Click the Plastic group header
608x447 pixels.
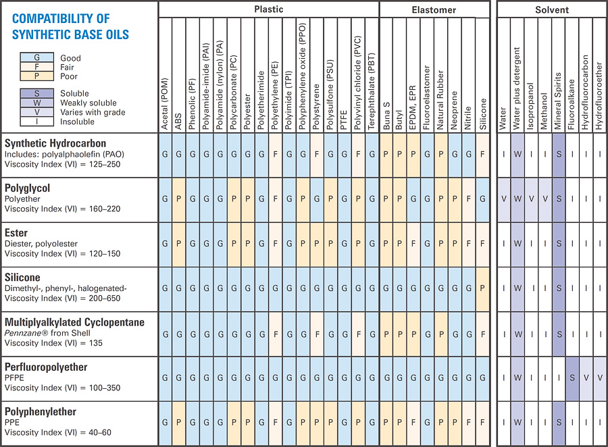coord(269,10)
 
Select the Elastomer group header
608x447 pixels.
coord(433,10)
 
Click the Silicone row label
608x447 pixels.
coord(23,277)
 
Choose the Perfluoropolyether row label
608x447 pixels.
coord(46,366)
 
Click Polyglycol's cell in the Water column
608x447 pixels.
coord(503,200)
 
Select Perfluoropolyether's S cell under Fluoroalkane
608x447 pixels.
coord(572,378)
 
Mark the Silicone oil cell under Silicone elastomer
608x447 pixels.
coord(482,289)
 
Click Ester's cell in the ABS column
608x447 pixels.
coord(179,244)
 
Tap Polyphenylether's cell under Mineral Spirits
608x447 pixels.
coord(559,423)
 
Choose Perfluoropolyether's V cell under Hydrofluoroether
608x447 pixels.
coord(600,378)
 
